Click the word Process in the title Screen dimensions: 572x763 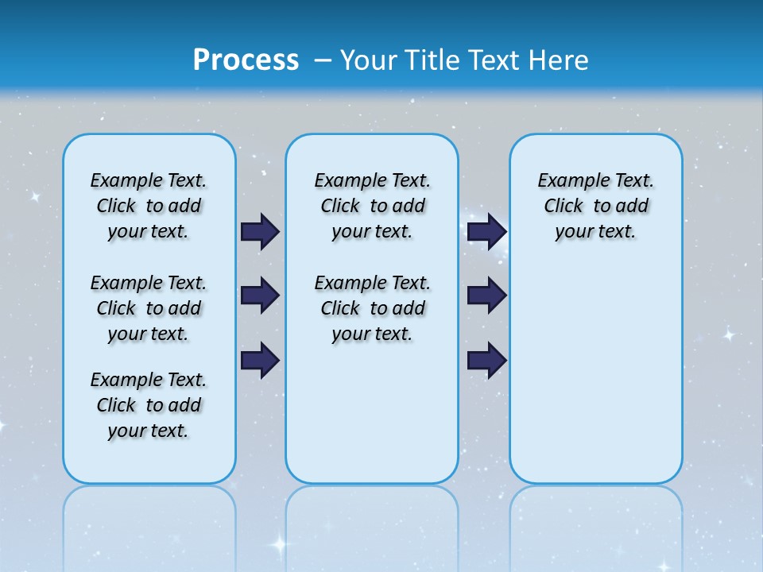[246, 60]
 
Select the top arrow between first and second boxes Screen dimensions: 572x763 [260, 231]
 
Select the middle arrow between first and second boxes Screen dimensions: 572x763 [260, 296]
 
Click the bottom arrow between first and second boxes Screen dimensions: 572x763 [260, 360]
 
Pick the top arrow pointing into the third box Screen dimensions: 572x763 [487, 231]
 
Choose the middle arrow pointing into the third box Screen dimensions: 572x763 [487, 296]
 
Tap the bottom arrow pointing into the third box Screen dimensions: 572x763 [487, 360]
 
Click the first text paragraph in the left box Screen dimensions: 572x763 [149, 206]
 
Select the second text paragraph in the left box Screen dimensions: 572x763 [149, 308]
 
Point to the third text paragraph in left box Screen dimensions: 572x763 [149, 405]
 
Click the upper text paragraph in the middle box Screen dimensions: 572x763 [372, 206]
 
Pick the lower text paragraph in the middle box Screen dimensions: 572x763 [372, 308]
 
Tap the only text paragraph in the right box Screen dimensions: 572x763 [595, 206]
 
